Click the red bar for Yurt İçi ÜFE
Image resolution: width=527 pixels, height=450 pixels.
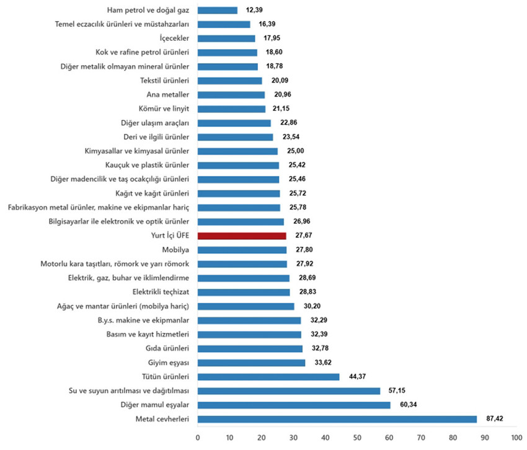pos(242,236)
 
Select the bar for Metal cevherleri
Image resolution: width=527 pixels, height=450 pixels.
pos(337,419)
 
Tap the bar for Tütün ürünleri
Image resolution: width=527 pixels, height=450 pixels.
pos(268,377)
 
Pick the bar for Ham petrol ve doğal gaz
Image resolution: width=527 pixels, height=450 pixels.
pos(217,10)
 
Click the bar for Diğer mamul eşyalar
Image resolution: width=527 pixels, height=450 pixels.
pos(293,405)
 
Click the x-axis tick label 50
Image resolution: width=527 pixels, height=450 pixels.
pos(356,438)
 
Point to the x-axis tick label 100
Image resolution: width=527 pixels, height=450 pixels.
pos(514,438)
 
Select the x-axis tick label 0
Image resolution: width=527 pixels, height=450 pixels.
pos(198,438)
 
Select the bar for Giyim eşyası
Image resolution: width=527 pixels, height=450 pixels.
pos(251,363)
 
